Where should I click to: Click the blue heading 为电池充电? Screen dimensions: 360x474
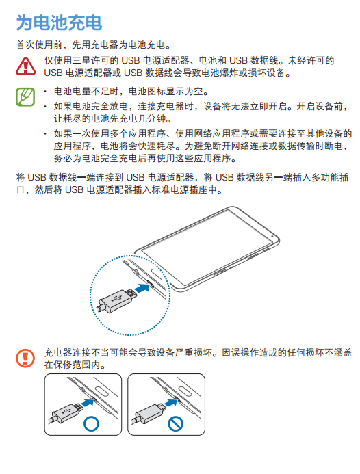point(59,23)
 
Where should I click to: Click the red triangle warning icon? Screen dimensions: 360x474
point(26,66)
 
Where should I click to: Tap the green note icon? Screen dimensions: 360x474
point(25,96)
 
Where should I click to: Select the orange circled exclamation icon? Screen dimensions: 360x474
point(25,358)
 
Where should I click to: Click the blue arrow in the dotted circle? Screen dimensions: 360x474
point(142,287)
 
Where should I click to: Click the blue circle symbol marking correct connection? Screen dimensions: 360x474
point(91,423)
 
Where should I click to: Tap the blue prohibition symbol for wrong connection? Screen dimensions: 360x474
point(175,423)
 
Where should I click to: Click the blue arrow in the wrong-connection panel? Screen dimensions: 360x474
point(171,403)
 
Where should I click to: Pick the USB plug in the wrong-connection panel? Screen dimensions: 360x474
point(151,412)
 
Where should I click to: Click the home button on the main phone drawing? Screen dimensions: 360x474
point(159,271)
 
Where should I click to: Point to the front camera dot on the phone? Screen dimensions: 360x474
point(272,236)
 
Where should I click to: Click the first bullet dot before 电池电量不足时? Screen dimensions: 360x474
point(45,91)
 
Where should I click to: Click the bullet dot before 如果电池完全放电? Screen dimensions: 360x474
point(45,107)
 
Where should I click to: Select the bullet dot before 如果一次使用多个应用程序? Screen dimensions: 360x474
point(45,133)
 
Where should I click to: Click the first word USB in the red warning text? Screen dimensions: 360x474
point(131,60)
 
